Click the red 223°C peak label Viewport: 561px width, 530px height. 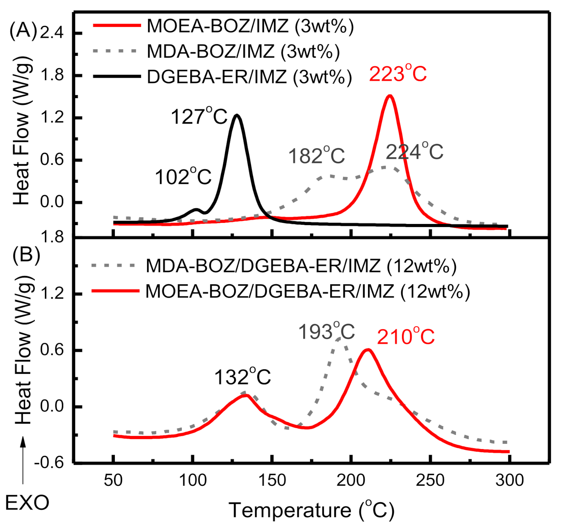pyautogui.click(x=398, y=73)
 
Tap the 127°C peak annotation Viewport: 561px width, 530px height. pyautogui.click(x=199, y=116)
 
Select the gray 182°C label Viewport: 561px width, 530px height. pyautogui.click(x=316, y=156)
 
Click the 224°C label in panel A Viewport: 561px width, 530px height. pyautogui.click(x=414, y=152)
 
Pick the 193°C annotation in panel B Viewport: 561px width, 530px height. pyautogui.click(x=327, y=331)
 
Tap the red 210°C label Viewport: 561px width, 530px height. pyautogui.click(x=406, y=337)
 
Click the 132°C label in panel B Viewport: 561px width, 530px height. pyautogui.click(x=242, y=377)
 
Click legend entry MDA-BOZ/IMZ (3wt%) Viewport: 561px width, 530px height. pyautogui.click(x=243, y=51)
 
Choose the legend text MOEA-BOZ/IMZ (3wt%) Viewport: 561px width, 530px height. pyautogui.click(x=250, y=26)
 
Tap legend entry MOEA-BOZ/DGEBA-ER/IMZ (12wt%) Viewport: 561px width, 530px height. pyautogui.click(x=307, y=291)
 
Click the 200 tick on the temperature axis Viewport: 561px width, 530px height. pyautogui.click(x=350, y=480)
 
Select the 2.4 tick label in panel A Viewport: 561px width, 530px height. pyautogui.click(x=52, y=33)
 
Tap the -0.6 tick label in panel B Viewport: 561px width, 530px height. pyautogui.click(x=49, y=463)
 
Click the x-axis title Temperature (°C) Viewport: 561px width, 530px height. pyautogui.click(x=312, y=510)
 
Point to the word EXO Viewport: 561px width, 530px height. pyautogui.click(x=27, y=503)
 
